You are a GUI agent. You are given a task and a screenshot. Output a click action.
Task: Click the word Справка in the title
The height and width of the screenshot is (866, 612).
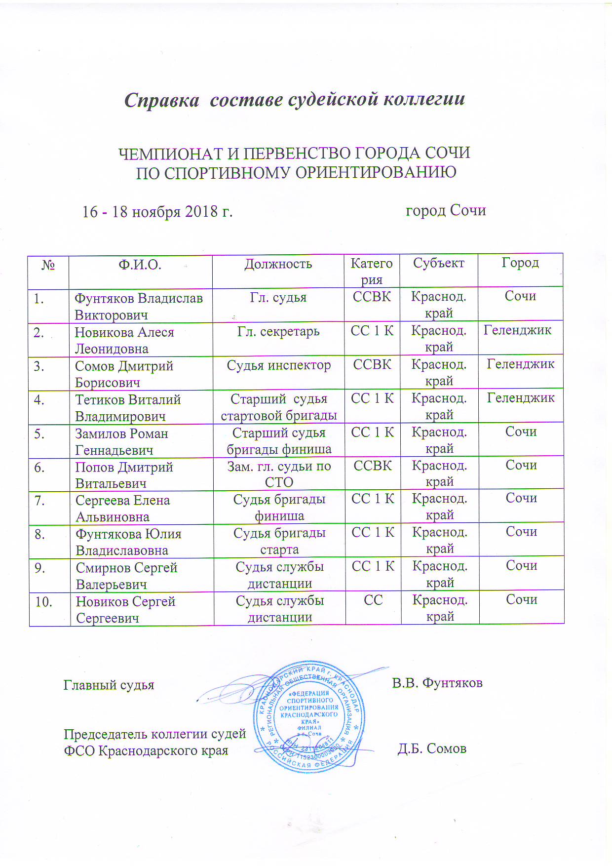[161, 100]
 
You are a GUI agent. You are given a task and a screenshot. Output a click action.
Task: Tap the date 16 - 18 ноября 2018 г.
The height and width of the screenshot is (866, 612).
[157, 212]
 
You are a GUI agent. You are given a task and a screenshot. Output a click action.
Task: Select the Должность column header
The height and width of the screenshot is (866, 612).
[278, 264]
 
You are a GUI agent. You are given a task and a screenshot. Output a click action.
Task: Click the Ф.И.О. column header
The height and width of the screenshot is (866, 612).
[140, 265]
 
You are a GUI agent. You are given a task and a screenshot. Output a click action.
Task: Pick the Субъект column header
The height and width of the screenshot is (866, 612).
[438, 263]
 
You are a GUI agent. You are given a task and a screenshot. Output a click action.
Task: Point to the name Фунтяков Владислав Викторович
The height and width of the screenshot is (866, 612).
[138, 307]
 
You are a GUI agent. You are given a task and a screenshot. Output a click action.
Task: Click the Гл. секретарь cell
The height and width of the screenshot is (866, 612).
[278, 332]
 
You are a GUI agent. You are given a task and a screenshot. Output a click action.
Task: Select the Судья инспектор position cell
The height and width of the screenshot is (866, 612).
[278, 366]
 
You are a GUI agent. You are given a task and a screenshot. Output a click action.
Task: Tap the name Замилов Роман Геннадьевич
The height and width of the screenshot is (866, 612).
[121, 442]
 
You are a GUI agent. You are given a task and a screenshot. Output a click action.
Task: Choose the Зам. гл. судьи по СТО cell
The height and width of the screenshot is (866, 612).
[279, 474]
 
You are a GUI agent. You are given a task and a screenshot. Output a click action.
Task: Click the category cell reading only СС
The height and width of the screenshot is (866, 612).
[373, 600]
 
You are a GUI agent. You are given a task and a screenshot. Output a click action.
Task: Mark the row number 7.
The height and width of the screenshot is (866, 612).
[39, 501]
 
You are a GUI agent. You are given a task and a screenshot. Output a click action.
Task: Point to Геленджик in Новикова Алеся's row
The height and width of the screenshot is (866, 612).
[517, 330]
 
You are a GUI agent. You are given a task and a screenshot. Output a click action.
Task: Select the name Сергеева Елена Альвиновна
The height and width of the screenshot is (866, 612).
[122, 509]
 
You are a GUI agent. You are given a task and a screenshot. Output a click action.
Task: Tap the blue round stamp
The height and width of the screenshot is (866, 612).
[309, 717]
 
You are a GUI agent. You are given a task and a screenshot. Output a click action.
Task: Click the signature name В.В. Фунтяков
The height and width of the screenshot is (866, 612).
[437, 683]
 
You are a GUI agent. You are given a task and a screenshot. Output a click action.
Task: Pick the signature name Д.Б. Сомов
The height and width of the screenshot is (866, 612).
[432, 749]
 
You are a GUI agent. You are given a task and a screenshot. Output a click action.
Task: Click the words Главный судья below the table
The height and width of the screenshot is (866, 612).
[109, 685]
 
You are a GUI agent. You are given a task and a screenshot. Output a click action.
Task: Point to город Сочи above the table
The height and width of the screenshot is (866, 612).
[445, 211]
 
